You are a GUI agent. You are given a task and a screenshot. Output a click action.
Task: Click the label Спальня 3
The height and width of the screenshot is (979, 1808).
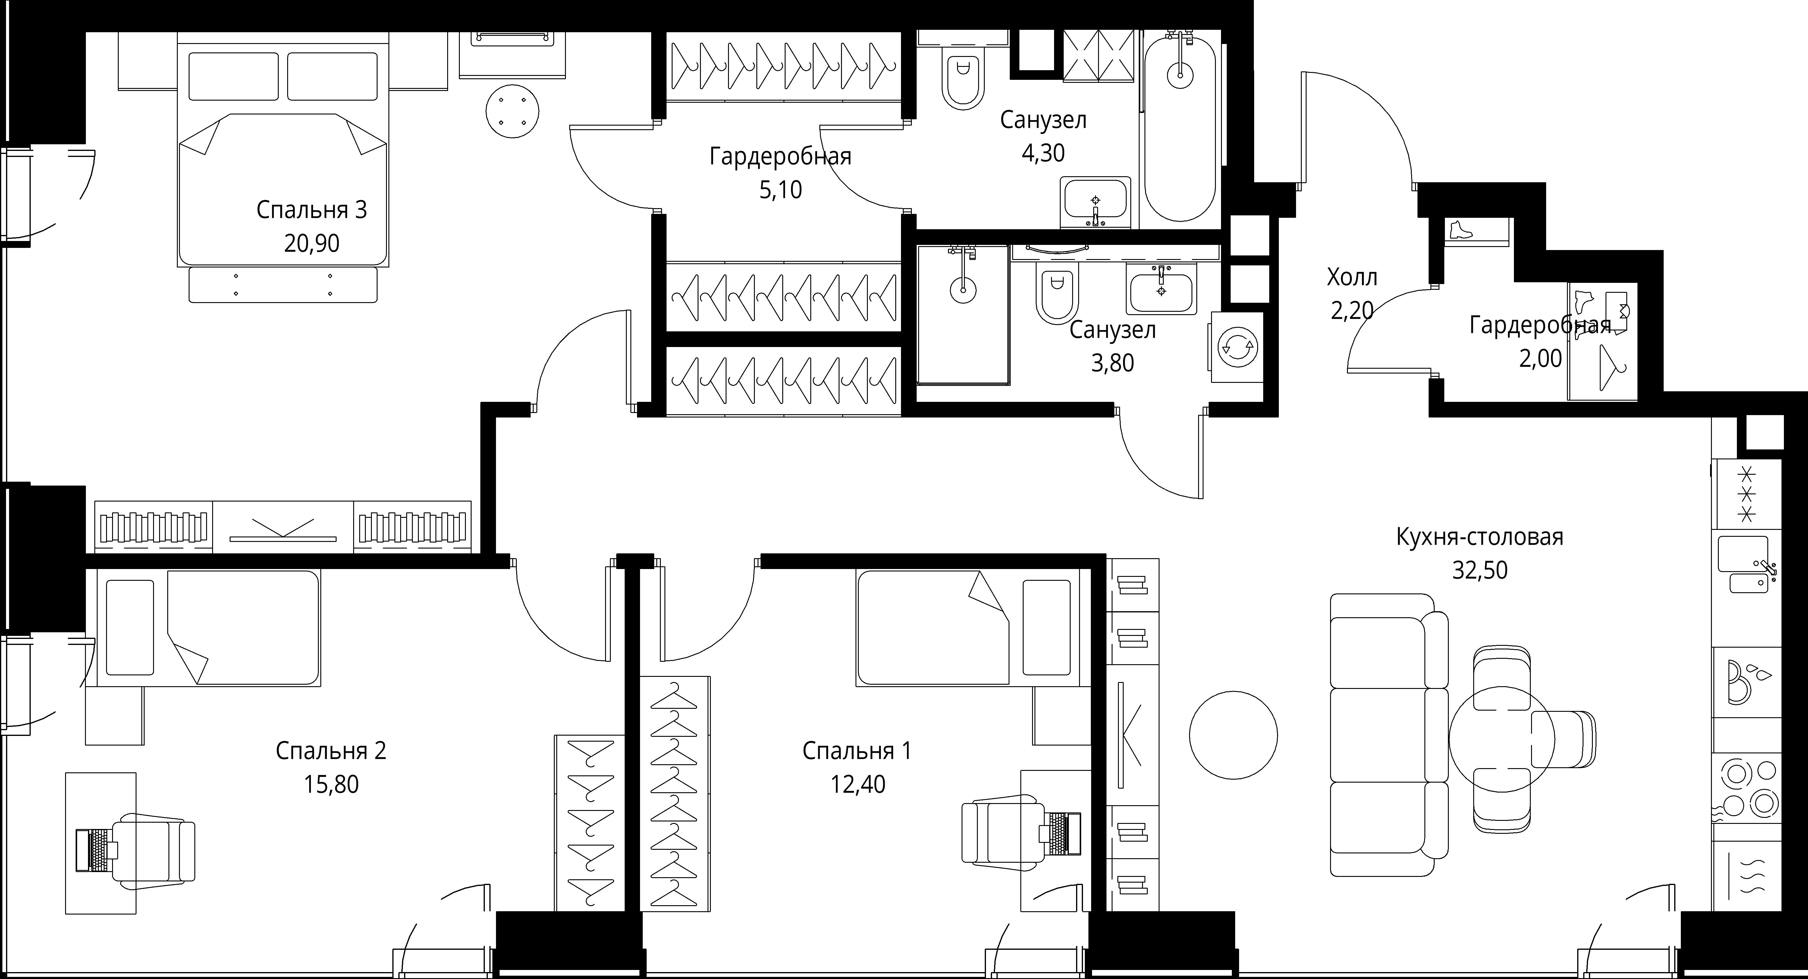point(312,210)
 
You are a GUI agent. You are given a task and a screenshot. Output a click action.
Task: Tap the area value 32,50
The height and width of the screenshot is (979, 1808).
point(1480,570)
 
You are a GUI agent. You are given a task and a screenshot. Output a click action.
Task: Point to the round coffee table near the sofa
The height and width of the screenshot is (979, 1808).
point(1233,735)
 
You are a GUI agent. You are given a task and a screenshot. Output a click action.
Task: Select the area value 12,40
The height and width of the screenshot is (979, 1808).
point(858,784)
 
